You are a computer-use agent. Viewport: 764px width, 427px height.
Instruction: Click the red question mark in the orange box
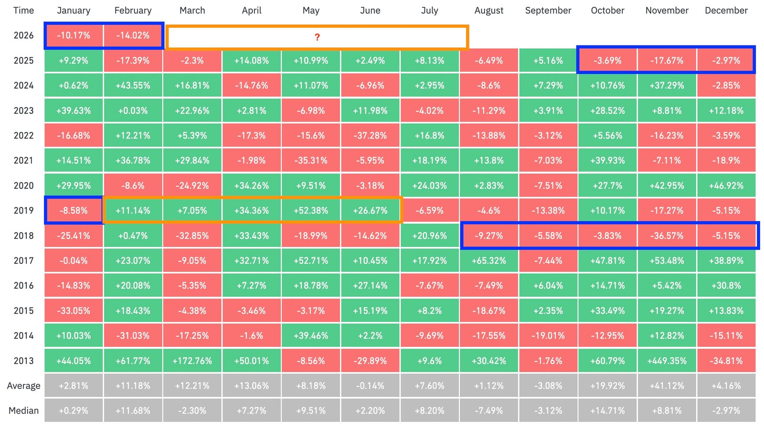point(317,37)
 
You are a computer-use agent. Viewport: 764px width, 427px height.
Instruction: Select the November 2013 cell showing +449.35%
point(667,361)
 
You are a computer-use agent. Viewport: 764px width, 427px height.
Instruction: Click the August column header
point(488,11)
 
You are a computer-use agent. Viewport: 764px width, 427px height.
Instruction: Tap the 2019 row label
point(23,211)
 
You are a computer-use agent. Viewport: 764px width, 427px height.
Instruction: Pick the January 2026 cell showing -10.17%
point(74,35)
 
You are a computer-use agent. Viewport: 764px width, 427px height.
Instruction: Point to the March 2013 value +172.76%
point(192,361)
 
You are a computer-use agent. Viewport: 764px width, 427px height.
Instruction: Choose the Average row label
point(23,386)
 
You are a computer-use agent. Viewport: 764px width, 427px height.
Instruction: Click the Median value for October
point(607,411)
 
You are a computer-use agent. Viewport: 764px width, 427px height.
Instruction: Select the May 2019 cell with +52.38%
point(311,211)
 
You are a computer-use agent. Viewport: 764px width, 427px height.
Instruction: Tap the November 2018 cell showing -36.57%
point(667,235)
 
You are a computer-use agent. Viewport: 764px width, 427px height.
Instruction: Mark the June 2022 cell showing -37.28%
point(370,136)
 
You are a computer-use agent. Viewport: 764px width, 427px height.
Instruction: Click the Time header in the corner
point(23,11)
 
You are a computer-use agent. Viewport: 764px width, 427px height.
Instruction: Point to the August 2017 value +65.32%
point(488,261)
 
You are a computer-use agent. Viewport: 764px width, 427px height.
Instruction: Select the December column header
point(726,11)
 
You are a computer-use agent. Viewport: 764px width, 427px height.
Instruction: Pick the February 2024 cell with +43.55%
point(133,85)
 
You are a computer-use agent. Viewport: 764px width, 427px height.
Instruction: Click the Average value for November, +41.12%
point(667,386)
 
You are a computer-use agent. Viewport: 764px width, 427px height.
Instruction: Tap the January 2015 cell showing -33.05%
point(74,310)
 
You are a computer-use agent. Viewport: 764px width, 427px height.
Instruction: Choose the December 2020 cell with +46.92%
point(726,185)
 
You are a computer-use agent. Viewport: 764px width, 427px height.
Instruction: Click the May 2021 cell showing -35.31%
point(311,160)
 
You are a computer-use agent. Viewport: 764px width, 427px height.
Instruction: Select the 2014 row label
point(23,336)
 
